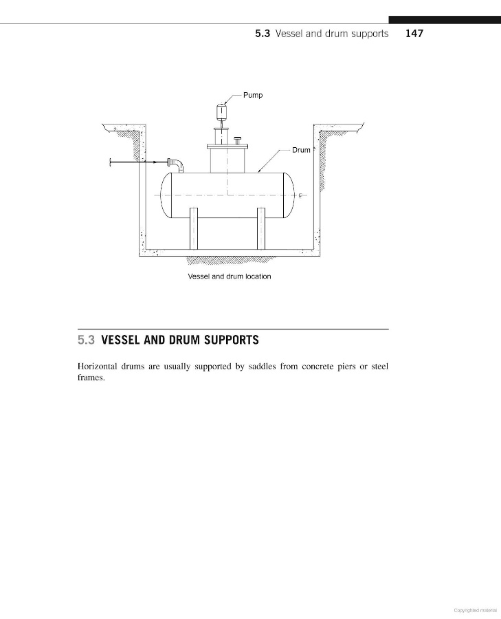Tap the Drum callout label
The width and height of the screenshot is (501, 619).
tap(301, 150)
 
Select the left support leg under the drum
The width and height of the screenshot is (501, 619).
tap(194, 228)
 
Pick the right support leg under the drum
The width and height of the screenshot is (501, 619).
tap(261, 228)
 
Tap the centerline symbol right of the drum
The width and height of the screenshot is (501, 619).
tap(300, 195)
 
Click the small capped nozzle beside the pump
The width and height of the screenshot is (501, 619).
tap(238, 141)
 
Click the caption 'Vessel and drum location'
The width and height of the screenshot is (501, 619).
tap(230, 276)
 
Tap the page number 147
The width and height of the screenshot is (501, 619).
tap(414, 33)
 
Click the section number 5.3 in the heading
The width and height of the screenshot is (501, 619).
tap(85, 340)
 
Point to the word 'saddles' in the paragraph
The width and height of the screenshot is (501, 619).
tap(261, 367)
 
